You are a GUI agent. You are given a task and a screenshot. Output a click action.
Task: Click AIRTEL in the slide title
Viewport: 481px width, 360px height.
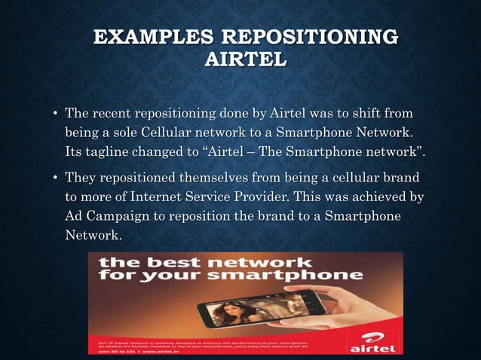click(245, 60)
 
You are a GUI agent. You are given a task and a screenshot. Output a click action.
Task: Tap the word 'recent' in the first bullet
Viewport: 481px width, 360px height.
click(112, 114)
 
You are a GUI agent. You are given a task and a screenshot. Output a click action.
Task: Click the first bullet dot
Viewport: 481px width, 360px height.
click(55, 115)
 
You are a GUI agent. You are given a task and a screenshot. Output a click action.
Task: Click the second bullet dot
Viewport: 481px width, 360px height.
click(55, 178)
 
